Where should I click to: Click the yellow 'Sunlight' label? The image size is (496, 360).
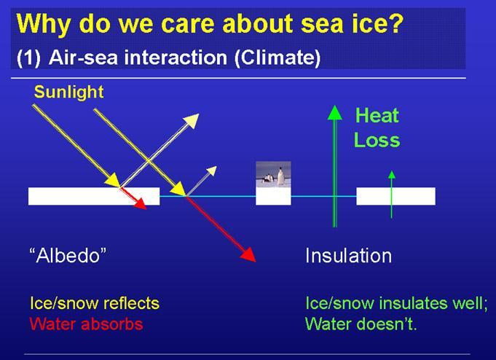pyautogui.click(x=68, y=92)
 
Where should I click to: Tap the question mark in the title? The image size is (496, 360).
pyautogui.click(x=395, y=23)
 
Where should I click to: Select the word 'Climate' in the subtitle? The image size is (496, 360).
pyautogui.click(x=277, y=58)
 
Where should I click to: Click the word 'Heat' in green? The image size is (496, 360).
pyautogui.click(x=377, y=115)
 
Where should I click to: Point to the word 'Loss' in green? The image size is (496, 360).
pyautogui.click(x=377, y=140)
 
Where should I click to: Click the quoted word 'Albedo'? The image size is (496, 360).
pyautogui.click(x=68, y=255)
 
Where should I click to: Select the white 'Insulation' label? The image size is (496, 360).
pyautogui.click(x=348, y=256)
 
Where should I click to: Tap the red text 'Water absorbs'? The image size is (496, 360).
pyautogui.click(x=86, y=324)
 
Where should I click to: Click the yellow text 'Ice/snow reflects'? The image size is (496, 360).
pyautogui.click(x=95, y=303)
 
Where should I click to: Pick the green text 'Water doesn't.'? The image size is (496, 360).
pyautogui.click(x=361, y=324)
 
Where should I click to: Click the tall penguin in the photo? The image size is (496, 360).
pyautogui.click(x=280, y=176)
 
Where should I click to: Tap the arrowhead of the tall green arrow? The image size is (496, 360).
pyautogui.click(x=335, y=113)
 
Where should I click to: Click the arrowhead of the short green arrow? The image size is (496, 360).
pyautogui.click(x=392, y=174)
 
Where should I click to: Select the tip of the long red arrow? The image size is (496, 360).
pyautogui.click(x=255, y=262)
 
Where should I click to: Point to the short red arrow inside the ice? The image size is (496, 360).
pyautogui.click(x=133, y=198)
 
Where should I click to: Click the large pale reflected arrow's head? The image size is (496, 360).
pyautogui.click(x=192, y=121)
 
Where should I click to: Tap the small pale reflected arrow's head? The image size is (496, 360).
pyautogui.click(x=211, y=171)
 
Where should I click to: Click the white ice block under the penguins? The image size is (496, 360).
pyautogui.click(x=273, y=196)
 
